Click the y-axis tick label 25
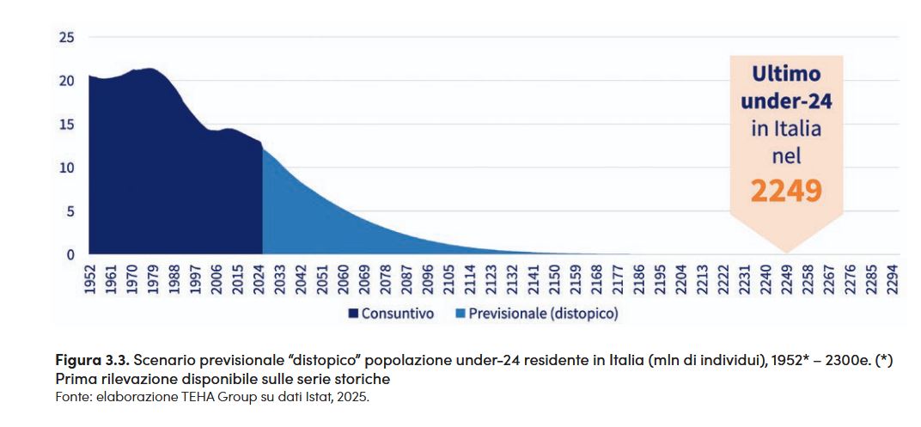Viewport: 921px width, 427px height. pyautogui.click(x=66, y=38)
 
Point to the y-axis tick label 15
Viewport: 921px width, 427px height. pyautogui.click(x=66, y=125)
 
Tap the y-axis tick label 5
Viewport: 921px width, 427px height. pyautogui.click(x=70, y=211)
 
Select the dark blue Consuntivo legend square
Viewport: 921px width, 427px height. pyautogui.click(x=353, y=314)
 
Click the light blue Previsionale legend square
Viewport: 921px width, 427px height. pyautogui.click(x=460, y=314)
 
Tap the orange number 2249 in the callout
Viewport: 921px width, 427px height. pyautogui.click(x=786, y=191)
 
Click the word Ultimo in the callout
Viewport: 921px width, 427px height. pyautogui.click(x=786, y=75)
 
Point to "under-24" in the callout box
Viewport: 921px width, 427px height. pyautogui.click(x=786, y=102)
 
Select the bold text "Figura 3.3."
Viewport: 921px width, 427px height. pyautogui.click(x=91, y=361)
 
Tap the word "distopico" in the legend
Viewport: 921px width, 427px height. pyautogui.click(x=583, y=314)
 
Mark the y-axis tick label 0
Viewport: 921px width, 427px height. pyautogui.click(x=70, y=254)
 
